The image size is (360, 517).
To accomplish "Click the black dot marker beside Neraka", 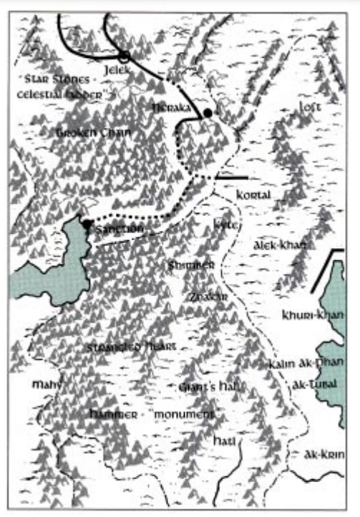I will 208,113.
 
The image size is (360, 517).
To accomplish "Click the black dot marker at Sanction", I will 87,224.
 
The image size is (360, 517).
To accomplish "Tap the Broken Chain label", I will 94,133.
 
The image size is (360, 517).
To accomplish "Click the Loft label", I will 309,107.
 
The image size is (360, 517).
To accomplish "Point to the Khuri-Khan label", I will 313,315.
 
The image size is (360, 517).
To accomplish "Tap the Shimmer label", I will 191,265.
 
